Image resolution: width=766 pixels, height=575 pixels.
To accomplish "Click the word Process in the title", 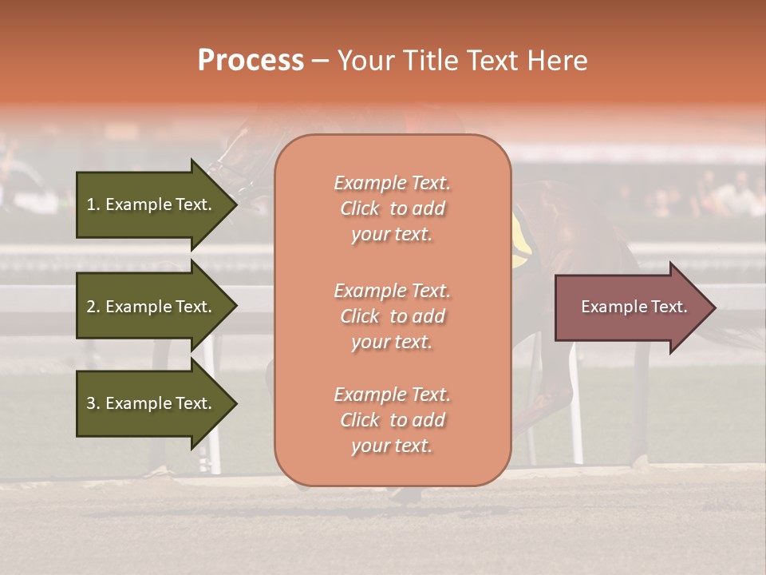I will coord(251,61).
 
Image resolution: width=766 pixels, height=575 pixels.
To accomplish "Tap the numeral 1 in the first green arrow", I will coord(91,204).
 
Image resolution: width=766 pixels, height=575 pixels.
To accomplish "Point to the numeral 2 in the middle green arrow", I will coord(91,307).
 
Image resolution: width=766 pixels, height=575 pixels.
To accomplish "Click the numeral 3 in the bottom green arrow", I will coord(91,403).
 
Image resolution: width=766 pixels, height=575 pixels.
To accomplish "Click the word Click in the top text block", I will coord(360,208).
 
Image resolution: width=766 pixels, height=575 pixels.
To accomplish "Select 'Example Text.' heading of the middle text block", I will coord(392,291).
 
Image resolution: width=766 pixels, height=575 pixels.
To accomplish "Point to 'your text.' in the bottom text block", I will coord(392,446).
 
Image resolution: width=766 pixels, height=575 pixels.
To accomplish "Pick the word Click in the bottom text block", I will coord(360,420).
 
